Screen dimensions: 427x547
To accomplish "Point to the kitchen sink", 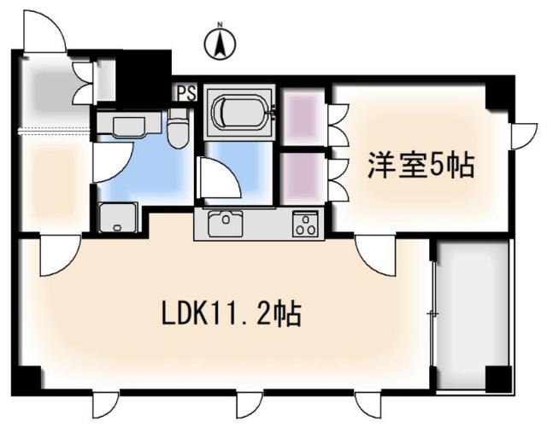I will [x=225, y=223].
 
